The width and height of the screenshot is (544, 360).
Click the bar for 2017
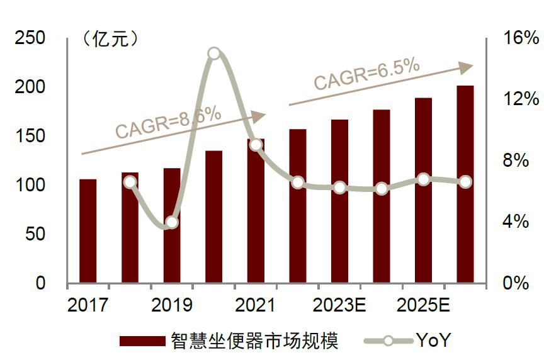point(88,231)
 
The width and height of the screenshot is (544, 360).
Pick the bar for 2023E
point(339,201)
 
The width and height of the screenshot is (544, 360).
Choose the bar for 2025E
point(423,191)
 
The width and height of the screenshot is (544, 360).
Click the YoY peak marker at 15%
point(214,53)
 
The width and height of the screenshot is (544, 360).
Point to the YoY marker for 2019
point(172,222)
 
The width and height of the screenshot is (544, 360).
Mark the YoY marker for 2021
point(256,145)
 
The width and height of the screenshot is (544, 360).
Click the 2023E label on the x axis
point(339,306)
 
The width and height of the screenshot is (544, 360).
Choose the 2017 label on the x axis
point(88,306)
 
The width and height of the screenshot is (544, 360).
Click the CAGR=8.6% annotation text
point(168,122)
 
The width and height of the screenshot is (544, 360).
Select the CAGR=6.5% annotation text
point(366,74)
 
